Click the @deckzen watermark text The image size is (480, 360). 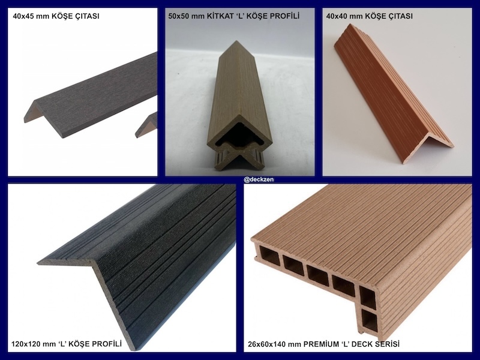click(x=259, y=179)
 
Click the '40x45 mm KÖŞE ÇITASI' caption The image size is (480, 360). click(x=56, y=16)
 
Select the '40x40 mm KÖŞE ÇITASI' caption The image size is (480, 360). click(x=369, y=16)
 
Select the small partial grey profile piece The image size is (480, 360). click(x=147, y=125)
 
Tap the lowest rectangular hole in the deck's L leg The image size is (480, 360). click(x=369, y=322)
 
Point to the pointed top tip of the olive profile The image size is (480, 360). click(x=236, y=41)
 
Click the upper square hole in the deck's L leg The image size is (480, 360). click(x=367, y=298)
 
